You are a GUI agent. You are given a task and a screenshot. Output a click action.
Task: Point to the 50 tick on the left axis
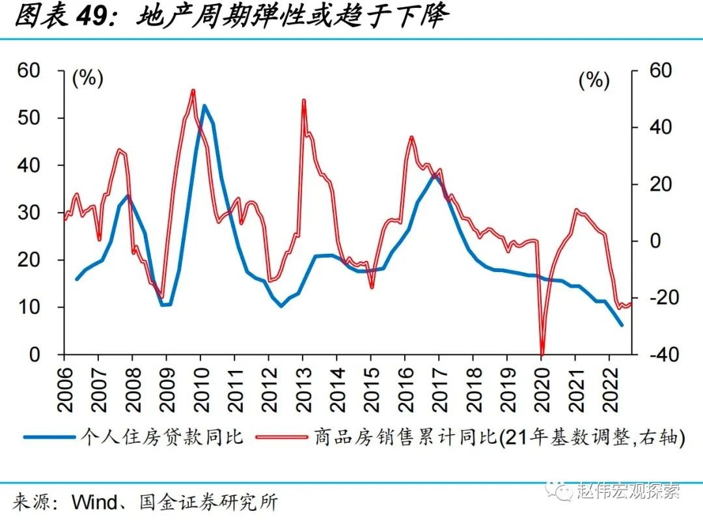30,118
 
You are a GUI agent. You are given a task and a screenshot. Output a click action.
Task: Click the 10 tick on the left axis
30,307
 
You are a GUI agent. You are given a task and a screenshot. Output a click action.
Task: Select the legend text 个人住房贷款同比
161,437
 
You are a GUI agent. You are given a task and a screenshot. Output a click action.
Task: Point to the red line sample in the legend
281,437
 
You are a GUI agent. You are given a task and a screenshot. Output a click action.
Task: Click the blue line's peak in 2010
204,105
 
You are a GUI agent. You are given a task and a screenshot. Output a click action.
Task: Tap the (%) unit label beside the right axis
594,81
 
